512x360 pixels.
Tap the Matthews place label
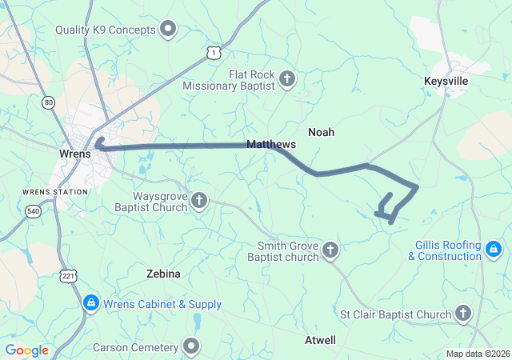point(271,145)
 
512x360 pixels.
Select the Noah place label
point(321,132)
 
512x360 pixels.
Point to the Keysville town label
point(446,82)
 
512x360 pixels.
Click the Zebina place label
point(163,274)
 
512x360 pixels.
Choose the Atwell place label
point(320,340)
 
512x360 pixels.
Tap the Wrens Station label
point(55,193)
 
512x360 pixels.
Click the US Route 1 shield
point(213,52)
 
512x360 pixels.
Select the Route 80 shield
point(49,102)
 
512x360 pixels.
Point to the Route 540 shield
point(33,211)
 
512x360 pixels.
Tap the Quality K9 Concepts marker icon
point(168,30)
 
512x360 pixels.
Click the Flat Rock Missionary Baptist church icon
point(287,79)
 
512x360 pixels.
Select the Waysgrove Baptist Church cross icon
point(198,201)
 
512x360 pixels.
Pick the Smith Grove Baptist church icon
point(330,252)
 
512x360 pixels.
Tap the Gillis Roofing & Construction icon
point(494,250)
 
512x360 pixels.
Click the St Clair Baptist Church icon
point(463,314)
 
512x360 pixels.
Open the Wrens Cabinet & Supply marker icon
point(91,304)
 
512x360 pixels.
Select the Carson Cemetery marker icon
point(191,347)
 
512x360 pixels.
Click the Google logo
point(27,350)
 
